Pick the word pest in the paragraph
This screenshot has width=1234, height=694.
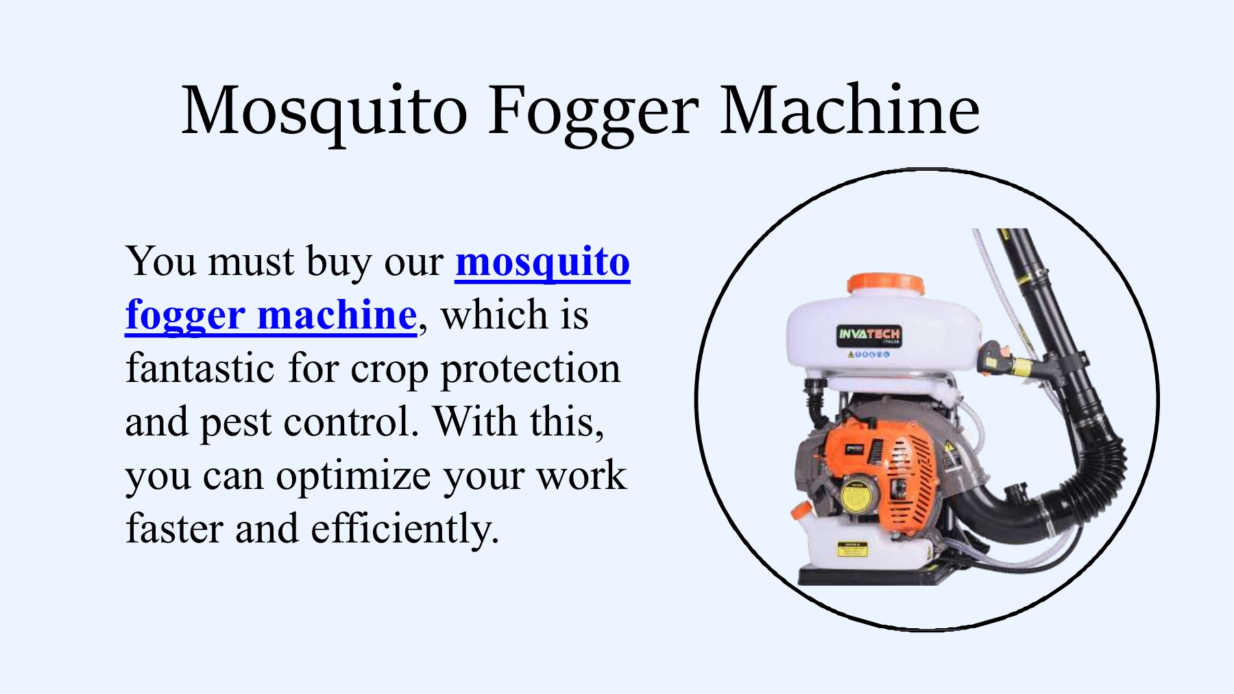pos(236,423)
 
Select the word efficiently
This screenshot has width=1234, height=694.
pos(405,529)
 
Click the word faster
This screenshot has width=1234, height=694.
pos(174,530)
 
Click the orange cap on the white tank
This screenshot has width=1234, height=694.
pos(886,283)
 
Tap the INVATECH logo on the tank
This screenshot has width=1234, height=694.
pos(869,335)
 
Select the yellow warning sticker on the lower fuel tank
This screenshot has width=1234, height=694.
pos(852,549)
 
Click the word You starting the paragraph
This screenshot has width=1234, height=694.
pos(161,261)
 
